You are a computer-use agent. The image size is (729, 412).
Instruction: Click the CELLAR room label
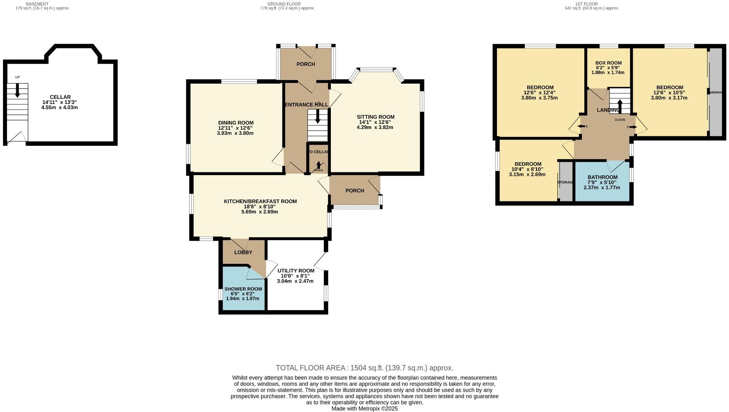(x=60, y=97)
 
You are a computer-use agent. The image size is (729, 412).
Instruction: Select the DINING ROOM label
(x=235, y=123)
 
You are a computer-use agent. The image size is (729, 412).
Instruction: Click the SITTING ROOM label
(x=375, y=117)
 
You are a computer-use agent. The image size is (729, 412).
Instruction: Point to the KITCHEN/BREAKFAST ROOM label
(x=260, y=201)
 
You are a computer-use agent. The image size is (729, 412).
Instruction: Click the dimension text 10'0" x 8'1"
(x=295, y=276)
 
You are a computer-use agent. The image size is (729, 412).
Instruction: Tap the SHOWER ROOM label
(x=243, y=289)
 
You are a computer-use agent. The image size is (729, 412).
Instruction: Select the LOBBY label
(x=243, y=252)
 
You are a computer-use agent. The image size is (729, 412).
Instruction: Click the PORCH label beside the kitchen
(x=355, y=190)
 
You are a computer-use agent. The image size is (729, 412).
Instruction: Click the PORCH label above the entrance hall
(x=305, y=64)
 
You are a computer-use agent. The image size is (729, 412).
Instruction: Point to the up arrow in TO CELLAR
(x=318, y=165)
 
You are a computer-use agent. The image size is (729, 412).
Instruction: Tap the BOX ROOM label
(x=608, y=63)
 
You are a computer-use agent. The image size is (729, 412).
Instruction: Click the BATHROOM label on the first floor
(x=602, y=177)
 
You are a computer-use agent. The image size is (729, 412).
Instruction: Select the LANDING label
(x=608, y=110)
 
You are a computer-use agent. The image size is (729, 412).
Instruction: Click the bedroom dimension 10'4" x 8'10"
(x=528, y=169)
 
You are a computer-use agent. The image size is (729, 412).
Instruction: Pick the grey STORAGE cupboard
(x=565, y=182)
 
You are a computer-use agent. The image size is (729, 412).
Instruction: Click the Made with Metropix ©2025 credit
(x=364, y=408)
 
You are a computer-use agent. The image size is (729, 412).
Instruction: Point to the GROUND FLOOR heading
(x=287, y=4)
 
